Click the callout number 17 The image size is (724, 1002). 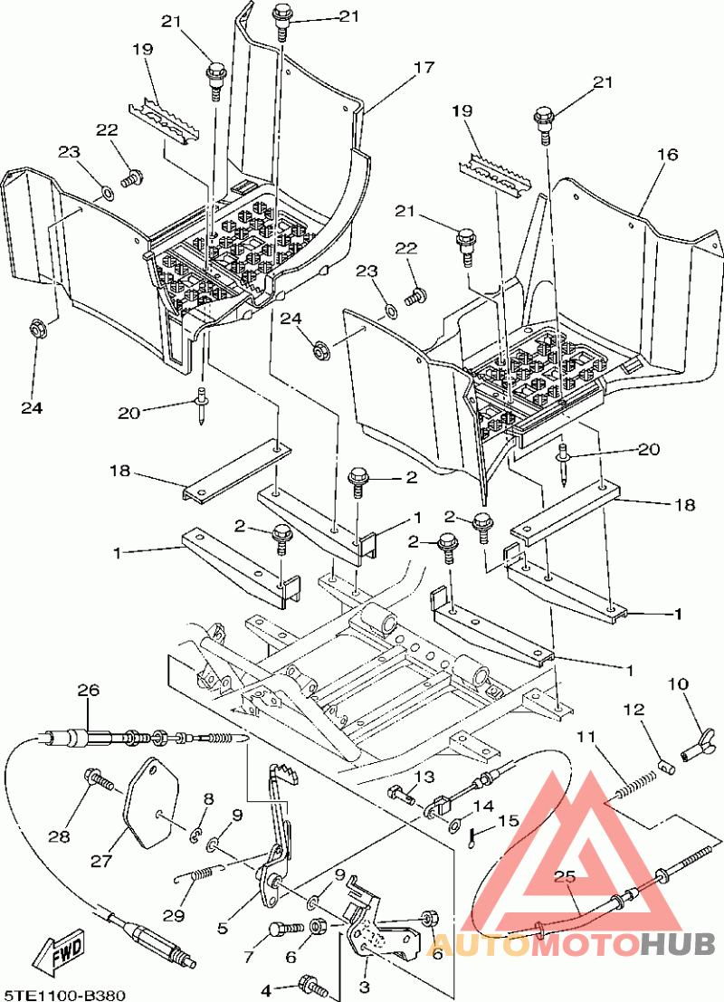click(x=424, y=67)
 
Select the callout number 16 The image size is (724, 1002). click(x=667, y=155)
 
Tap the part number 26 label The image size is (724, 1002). click(x=88, y=690)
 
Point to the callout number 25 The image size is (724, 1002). click(x=565, y=877)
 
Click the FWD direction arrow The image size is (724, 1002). click(x=58, y=952)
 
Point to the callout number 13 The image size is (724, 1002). click(x=424, y=777)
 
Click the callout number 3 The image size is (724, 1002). click(x=365, y=986)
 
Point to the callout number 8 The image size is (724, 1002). click(x=208, y=798)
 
